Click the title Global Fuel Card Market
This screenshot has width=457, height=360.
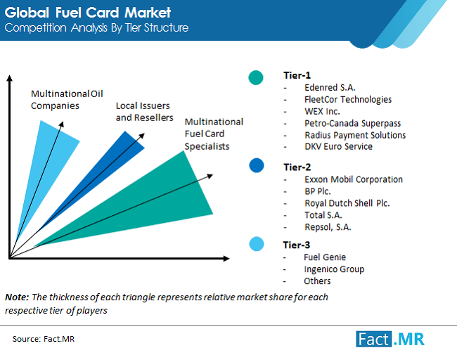[x=88, y=13]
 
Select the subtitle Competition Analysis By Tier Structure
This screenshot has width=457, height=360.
[x=96, y=28]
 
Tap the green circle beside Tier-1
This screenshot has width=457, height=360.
[x=257, y=77]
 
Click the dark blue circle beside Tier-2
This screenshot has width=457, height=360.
[x=257, y=165]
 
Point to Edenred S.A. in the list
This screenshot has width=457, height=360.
[x=330, y=87]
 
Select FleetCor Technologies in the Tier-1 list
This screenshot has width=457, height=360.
[x=348, y=99]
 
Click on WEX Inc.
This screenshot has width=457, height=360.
[x=323, y=111]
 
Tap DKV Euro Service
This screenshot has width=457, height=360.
[x=338, y=146]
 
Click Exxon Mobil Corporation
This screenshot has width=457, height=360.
[x=354, y=179]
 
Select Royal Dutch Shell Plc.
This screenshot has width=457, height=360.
[x=347, y=203]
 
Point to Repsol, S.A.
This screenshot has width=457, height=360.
[x=328, y=226]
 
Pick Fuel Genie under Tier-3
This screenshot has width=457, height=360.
[x=325, y=257]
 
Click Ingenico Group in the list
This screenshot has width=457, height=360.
[x=334, y=269]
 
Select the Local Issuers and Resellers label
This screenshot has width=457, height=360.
[x=144, y=112]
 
